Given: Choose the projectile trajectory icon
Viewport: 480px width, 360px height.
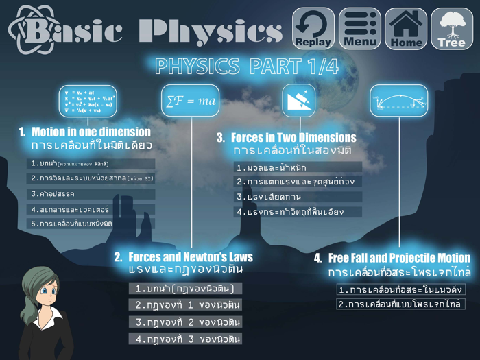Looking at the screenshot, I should pos(398,101).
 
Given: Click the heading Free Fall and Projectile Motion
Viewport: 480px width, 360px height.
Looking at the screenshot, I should pos(399,259).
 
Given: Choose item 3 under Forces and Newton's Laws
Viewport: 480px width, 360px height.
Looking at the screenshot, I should pos(185,322).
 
